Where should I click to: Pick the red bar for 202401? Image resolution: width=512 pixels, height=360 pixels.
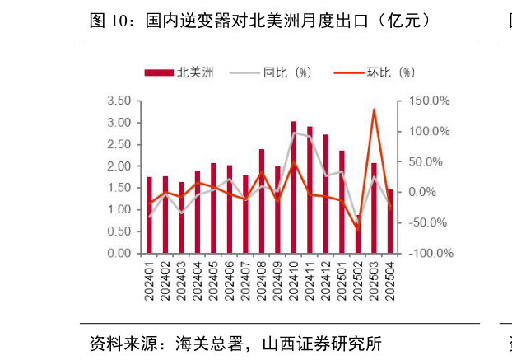coord(149,215)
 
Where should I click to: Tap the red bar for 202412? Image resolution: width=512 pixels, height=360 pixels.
coord(326,194)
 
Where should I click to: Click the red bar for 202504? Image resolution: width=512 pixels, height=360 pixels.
coord(390,222)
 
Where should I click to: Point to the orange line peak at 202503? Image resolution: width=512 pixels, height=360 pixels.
coord(374,110)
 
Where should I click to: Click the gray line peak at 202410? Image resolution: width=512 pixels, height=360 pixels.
coord(294,133)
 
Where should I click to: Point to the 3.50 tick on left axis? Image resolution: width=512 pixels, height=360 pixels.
coord(119,101)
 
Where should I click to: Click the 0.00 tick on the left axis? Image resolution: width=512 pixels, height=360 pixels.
coord(119,253)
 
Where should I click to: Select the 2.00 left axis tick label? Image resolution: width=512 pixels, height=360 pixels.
coord(119,166)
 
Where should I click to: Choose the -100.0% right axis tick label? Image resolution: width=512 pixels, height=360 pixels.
coord(430,253)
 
